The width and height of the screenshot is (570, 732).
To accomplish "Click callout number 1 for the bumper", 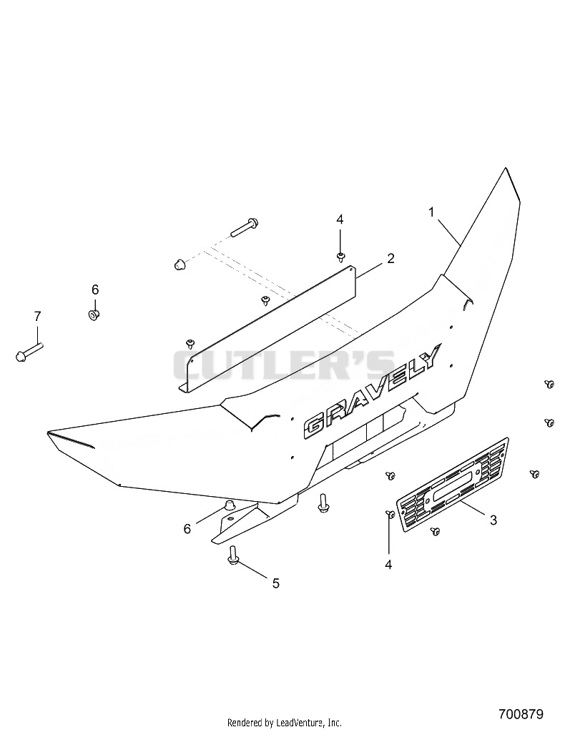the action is (432, 212).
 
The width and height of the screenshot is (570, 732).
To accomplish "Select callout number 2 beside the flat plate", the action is (390, 258).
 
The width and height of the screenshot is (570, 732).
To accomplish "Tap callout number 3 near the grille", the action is (493, 520).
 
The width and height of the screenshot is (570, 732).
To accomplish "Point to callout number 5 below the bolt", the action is (275, 583).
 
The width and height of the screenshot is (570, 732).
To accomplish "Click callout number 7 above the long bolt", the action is (37, 316).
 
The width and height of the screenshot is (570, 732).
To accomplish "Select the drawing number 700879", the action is (521, 714).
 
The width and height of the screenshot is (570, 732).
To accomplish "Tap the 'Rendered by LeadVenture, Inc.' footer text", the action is (285, 723).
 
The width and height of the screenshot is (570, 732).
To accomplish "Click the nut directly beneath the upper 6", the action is (94, 314).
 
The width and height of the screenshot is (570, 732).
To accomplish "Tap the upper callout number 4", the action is (340, 232).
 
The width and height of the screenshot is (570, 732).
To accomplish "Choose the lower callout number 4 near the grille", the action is (388, 565).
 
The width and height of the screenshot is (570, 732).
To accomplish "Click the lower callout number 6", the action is (187, 529).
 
